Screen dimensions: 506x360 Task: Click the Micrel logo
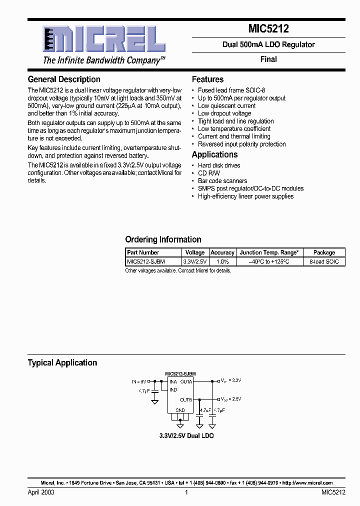pyautogui.click(x=104, y=40)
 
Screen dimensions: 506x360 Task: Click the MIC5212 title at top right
pyautogui.click(x=268, y=29)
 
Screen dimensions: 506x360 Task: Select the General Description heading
pyautogui.click(x=64, y=79)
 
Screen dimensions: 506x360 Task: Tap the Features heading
pyautogui.click(x=207, y=79)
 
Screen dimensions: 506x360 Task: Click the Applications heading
pyautogui.click(x=214, y=155)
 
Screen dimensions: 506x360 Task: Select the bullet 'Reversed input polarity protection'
pyautogui.click(x=242, y=144)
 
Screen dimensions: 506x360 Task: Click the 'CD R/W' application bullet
pyautogui.click(x=209, y=173)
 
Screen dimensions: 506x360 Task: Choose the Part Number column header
pyautogui.click(x=143, y=252)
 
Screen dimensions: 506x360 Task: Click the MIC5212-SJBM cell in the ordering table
pyautogui.click(x=146, y=261)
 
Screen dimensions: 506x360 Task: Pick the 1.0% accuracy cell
pyautogui.click(x=222, y=261)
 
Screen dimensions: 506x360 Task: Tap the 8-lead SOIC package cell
pyautogui.click(x=324, y=261)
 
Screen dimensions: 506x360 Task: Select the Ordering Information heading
pyautogui.click(x=163, y=239)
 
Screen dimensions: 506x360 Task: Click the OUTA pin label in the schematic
pyautogui.click(x=186, y=382)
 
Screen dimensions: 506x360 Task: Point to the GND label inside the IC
pyautogui.click(x=180, y=410)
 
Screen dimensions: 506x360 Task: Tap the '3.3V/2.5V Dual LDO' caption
pyautogui.click(x=186, y=436)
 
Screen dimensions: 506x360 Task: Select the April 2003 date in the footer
pyautogui.click(x=41, y=492)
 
